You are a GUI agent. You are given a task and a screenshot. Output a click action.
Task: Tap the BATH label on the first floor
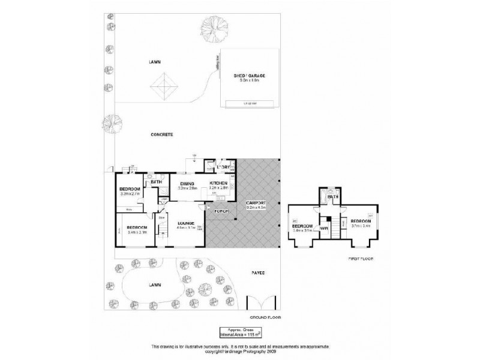pyautogui.click(x=334, y=196)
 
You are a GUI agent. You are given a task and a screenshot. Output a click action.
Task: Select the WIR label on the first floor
pyautogui.click(x=323, y=228)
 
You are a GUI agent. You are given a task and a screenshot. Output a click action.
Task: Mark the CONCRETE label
pyautogui.click(x=162, y=135)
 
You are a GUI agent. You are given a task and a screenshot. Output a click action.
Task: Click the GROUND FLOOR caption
pyautogui.click(x=265, y=316)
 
